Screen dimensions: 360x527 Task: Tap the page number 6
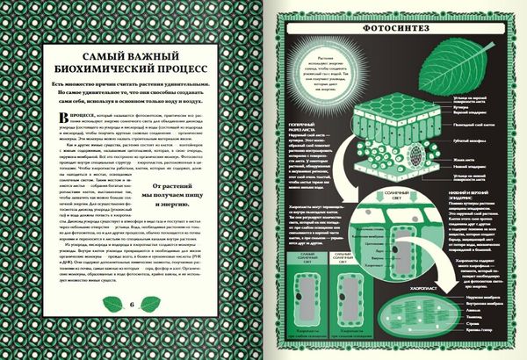coord(131,304)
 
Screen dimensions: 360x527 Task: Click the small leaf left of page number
coord(112,304)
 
